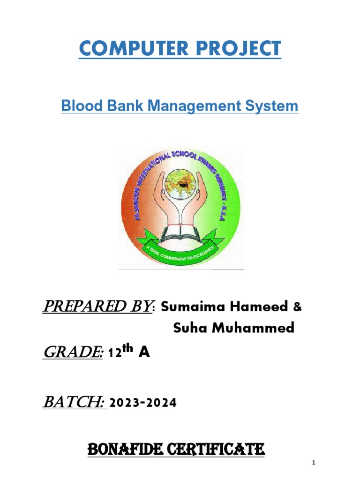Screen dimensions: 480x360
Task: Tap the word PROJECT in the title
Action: [x=234, y=49]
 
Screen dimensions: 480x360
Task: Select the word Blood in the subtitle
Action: [x=77, y=106]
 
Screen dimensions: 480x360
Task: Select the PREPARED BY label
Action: [x=98, y=307]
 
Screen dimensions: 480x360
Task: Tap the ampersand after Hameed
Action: [x=297, y=307]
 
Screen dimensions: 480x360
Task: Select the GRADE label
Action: [x=73, y=353]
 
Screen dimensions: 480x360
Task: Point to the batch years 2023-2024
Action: [x=143, y=403]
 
